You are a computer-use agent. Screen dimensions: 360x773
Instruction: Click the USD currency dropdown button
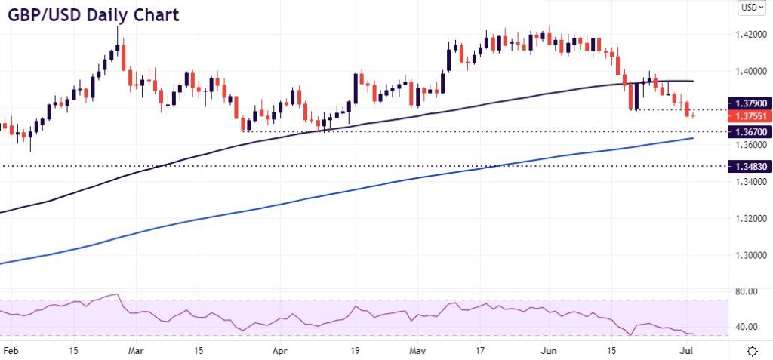(x=750, y=8)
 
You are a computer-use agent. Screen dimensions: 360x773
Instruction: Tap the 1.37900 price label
(x=748, y=102)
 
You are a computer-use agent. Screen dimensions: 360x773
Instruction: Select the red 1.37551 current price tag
(x=748, y=117)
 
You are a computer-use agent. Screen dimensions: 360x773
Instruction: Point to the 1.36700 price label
(x=748, y=131)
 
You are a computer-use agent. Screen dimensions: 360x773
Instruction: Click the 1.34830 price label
(x=748, y=166)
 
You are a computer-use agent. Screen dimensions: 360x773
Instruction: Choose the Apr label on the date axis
(x=280, y=351)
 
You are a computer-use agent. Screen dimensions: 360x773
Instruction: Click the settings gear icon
(x=752, y=351)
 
